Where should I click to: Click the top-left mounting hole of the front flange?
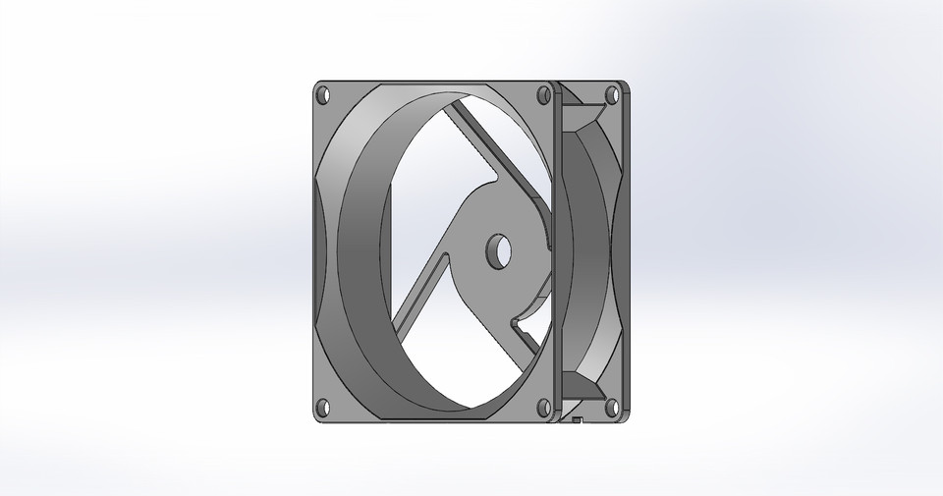pos(322,96)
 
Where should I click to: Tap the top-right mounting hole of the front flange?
pos(543,96)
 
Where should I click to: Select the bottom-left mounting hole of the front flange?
pos(322,406)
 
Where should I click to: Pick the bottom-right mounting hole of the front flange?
pos(541,406)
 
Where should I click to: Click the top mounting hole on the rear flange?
pos(612,95)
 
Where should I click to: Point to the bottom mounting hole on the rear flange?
pos(612,406)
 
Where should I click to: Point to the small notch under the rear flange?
pos(578,422)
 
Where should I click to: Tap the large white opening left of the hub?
pos(413,216)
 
